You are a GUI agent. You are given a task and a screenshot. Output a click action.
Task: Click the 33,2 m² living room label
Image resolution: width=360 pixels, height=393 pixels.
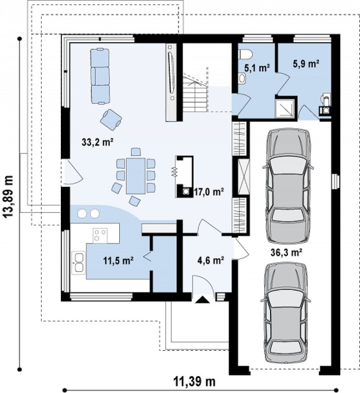[97, 142]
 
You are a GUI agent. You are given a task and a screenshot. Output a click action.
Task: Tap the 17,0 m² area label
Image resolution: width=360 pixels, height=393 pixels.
[209, 192]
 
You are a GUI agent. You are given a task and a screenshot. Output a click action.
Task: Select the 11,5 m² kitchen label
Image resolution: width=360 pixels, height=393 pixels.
[119, 261]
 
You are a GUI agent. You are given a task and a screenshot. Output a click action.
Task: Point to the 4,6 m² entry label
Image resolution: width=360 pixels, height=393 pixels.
[210, 260]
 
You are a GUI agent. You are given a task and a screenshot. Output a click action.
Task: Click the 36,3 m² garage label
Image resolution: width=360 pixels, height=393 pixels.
[286, 253]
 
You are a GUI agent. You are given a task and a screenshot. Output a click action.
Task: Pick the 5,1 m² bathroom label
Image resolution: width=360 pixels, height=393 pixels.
[257, 68]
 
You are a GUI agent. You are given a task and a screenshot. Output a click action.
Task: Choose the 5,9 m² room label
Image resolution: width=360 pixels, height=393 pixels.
[306, 64]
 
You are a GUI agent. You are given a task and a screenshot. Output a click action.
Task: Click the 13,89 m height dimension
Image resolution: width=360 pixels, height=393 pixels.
[9, 197]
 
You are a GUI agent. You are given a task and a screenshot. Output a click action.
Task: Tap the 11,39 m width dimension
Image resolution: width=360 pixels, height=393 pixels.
[194, 382]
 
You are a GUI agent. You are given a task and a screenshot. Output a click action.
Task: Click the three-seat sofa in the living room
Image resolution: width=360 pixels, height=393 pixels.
[100, 76]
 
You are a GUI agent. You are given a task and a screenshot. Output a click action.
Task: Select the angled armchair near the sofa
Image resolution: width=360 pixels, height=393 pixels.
[111, 120]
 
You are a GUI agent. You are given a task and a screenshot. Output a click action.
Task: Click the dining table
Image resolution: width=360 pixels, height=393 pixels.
[135, 176]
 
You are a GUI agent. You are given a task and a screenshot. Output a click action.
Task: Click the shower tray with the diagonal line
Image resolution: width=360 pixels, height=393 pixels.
[286, 108]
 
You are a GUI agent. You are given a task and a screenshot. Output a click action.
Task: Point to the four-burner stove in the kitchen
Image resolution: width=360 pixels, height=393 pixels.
[100, 235]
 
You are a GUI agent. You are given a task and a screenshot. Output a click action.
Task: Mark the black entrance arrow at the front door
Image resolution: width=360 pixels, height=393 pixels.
[202, 300]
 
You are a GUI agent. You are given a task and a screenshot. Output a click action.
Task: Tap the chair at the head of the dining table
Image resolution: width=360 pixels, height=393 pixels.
[136, 152]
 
